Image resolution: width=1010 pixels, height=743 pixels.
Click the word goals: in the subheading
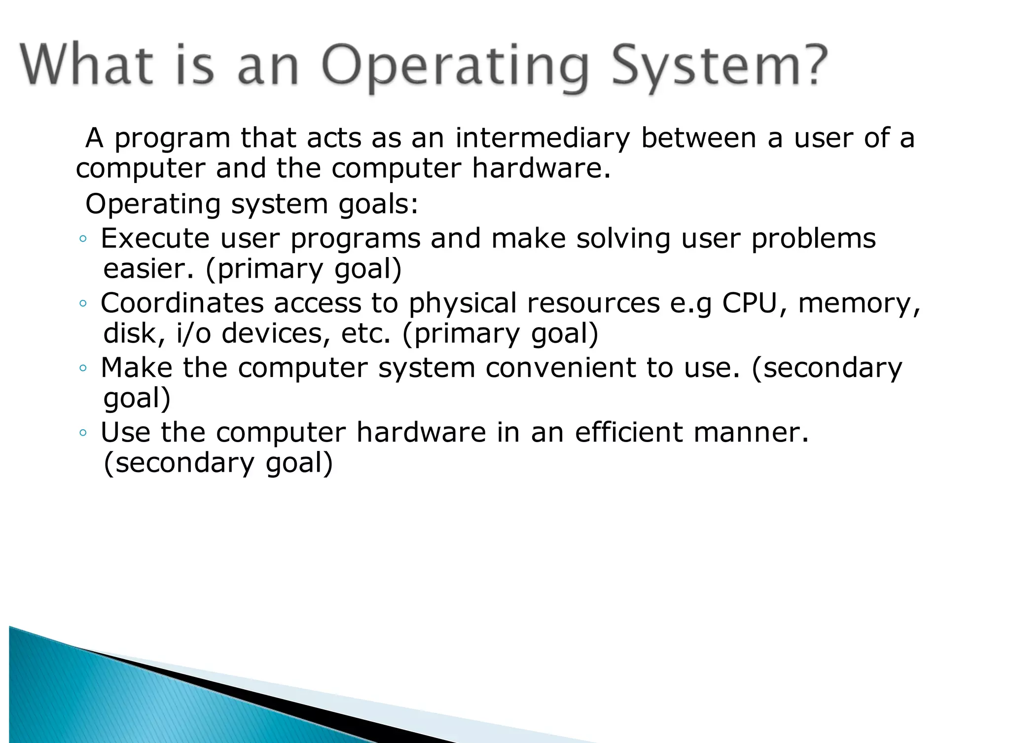(378, 204)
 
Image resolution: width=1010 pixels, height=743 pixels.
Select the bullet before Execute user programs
(83, 240)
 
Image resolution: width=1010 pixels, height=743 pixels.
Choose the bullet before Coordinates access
(83, 304)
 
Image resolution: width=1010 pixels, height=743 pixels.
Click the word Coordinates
(182, 303)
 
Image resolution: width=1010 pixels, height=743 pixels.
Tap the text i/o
(193, 334)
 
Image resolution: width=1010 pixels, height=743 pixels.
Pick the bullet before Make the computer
(83, 369)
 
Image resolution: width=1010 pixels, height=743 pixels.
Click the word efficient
(629, 433)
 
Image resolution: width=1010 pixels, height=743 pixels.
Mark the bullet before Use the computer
(83, 434)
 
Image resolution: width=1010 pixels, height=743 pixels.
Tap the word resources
(593, 303)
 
